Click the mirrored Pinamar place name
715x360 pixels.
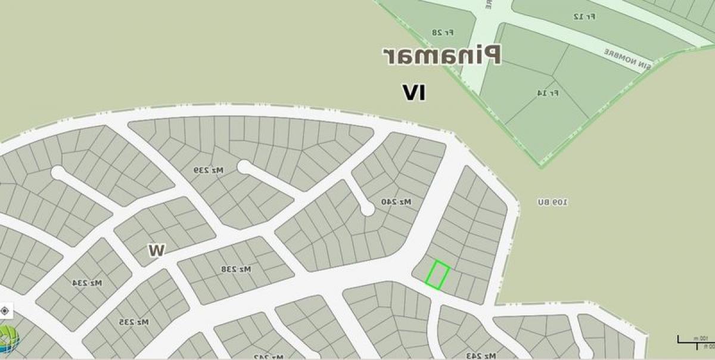coord(442,55)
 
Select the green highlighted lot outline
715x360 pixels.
coord(437,275)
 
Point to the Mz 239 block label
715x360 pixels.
coord(208,170)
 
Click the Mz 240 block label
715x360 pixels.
coord(396,202)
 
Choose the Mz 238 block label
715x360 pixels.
coord(236,269)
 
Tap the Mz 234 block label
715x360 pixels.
coord(88,283)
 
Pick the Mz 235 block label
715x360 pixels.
coord(133,322)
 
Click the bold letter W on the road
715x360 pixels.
coord(157,250)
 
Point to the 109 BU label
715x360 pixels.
coord(552,203)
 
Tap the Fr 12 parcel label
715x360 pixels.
coord(585,16)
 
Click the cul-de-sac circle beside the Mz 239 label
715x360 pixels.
coord(244,166)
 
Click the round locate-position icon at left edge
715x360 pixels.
coord(5,311)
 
